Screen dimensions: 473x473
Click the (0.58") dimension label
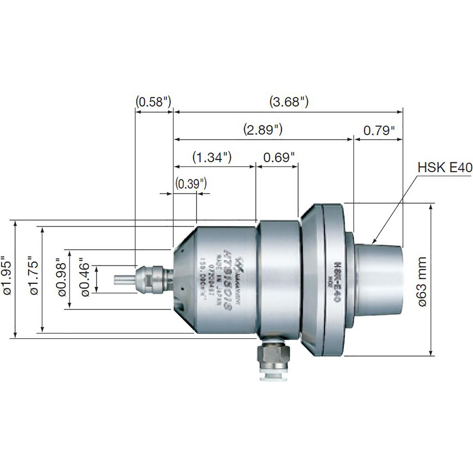coord(153,101)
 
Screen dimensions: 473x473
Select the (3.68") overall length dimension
coord(289,101)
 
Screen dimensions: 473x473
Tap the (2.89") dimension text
coord(263,129)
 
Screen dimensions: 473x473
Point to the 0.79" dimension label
coord(379,129)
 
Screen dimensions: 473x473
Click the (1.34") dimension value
coord(211,157)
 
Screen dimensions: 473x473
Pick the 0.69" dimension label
coord(277,157)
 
